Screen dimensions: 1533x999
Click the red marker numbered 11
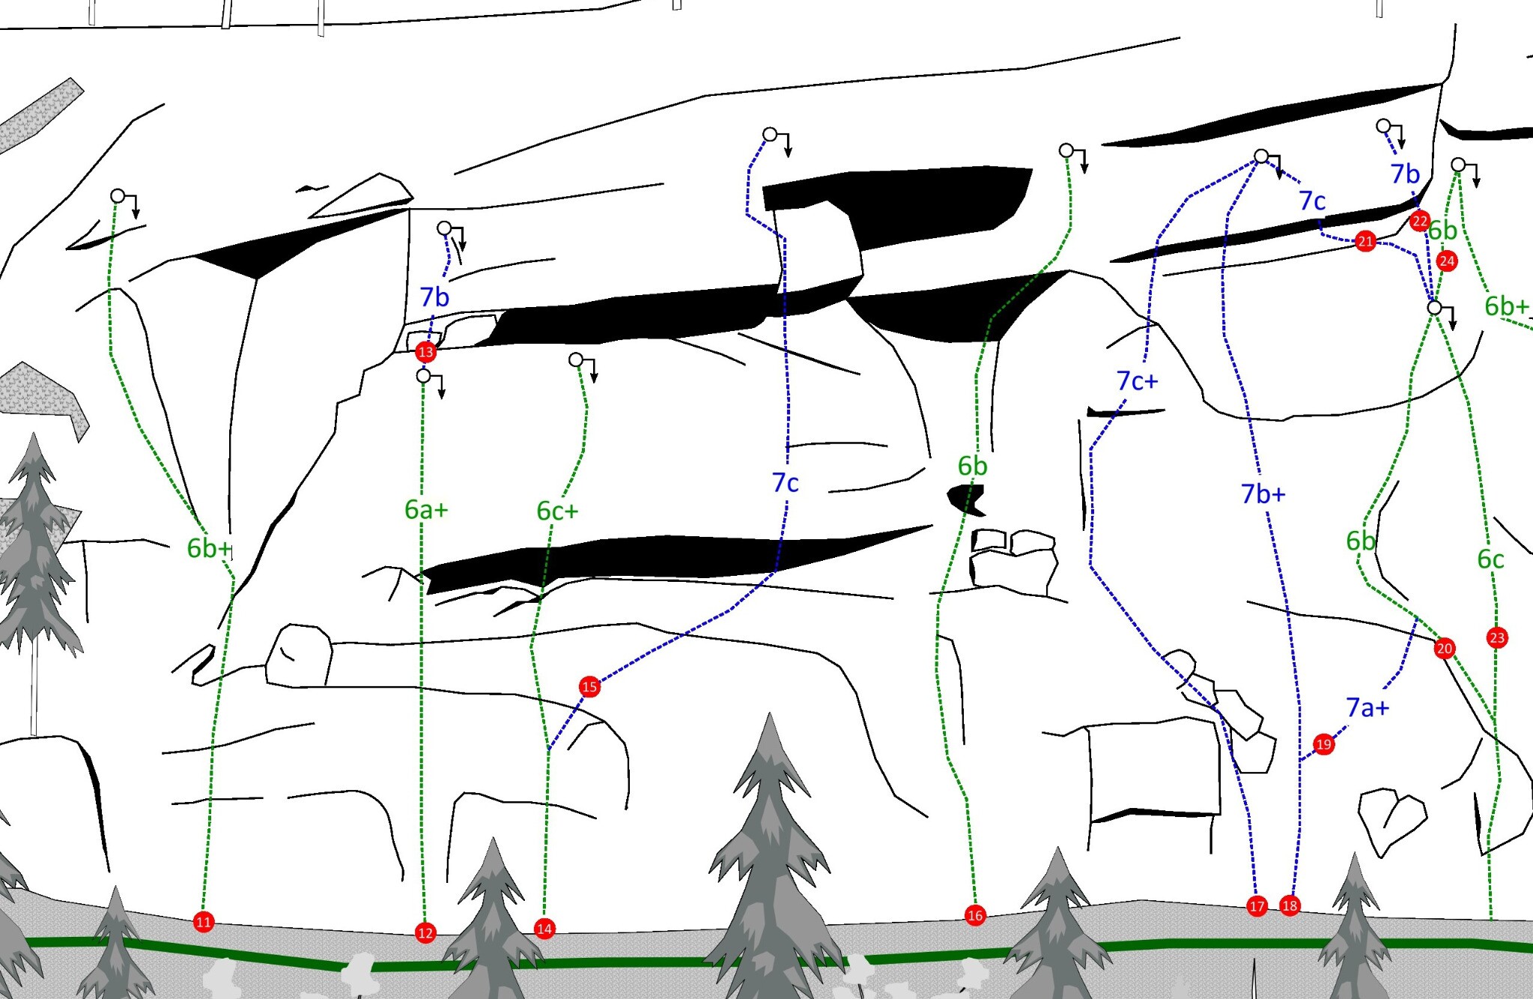click(x=203, y=922)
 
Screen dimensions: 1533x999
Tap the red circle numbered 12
click(x=425, y=932)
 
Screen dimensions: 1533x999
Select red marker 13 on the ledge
click(x=426, y=351)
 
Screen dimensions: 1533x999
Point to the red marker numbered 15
click(x=589, y=686)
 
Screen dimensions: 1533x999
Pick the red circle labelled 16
click(x=974, y=914)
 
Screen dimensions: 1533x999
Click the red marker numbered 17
click(x=1257, y=906)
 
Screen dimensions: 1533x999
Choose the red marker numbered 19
click(x=1324, y=744)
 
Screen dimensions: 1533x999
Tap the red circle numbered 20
click(x=1445, y=649)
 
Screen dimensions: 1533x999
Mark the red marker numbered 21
click(x=1365, y=241)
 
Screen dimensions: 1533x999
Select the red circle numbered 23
click(x=1497, y=637)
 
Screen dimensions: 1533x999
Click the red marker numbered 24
click(x=1447, y=261)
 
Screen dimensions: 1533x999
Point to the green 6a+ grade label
click(x=426, y=510)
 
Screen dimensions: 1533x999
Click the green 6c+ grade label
click(x=558, y=511)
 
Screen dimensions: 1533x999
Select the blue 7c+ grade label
click(x=1137, y=381)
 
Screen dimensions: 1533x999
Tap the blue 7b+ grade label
click(x=1263, y=494)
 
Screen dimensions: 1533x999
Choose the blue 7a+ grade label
click(x=1367, y=707)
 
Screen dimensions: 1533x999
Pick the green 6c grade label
click(x=1490, y=559)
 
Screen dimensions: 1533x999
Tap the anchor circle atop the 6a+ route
click(x=424, y=375)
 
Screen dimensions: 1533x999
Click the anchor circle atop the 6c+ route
click(x=576, y=359)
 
